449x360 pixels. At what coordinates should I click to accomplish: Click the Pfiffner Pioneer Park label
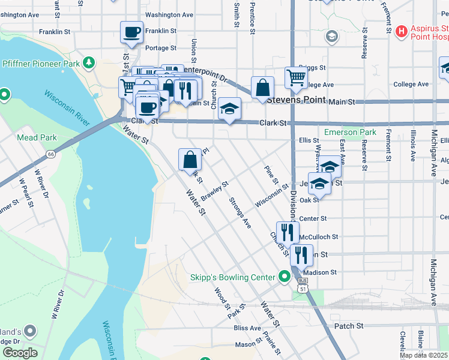41,62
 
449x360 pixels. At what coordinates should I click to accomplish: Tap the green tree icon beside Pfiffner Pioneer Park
89,62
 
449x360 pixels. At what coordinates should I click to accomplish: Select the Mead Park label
37,137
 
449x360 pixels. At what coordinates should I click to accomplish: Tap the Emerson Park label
349,132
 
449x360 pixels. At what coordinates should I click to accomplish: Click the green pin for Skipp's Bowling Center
285,277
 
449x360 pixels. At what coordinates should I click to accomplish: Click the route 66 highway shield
51,154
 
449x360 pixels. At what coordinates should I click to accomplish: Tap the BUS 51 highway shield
303,284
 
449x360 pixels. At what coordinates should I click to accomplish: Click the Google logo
19,353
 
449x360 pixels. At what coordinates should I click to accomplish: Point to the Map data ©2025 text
423,355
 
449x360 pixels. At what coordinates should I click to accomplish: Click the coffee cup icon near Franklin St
131,32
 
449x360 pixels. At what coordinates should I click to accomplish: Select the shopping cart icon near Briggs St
296,77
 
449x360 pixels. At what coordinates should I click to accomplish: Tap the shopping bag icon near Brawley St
190,160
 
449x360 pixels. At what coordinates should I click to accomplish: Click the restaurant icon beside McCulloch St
288,232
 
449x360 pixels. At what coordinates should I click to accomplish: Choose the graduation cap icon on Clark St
229,109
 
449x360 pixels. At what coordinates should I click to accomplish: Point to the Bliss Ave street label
247,328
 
